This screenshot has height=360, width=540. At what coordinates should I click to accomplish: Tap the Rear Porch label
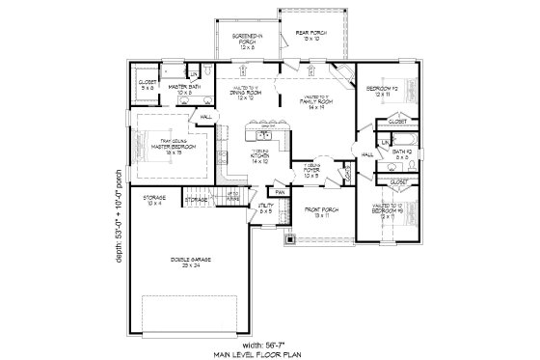pyautogui.click(x=307, y=37)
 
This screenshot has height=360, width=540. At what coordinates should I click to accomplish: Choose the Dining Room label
pyautogui.click(x=246, y=95)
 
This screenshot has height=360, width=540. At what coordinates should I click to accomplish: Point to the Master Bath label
pyautogui.click(x=183, y=90)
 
